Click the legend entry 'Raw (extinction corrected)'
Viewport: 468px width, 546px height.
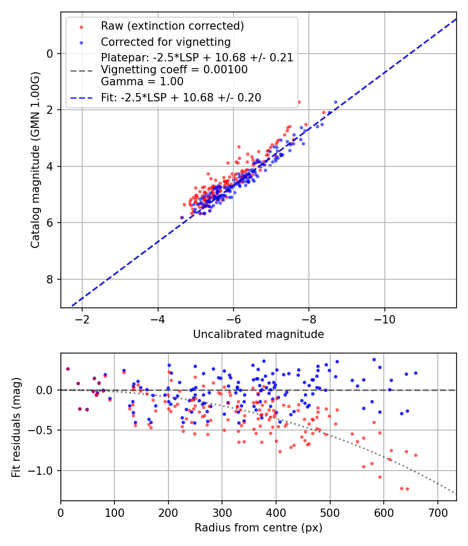click(172, 26)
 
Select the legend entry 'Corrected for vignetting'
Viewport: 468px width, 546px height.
click(165, 42)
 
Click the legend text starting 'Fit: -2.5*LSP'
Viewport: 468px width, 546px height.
click(181, 97)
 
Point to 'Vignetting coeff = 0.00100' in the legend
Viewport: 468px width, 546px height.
click(174, 70)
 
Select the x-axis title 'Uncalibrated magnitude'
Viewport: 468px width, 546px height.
click(258, 334)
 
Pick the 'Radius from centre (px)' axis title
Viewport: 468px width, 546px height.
click(258, 528)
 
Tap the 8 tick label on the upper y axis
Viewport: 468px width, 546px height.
click(50, 279)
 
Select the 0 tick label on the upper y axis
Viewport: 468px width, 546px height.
click(50, 54)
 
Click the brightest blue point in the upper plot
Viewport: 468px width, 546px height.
click(335, 102)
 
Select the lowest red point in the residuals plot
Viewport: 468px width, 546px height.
click(407, 489)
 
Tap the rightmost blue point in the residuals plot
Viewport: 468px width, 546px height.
click(415, 373)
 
